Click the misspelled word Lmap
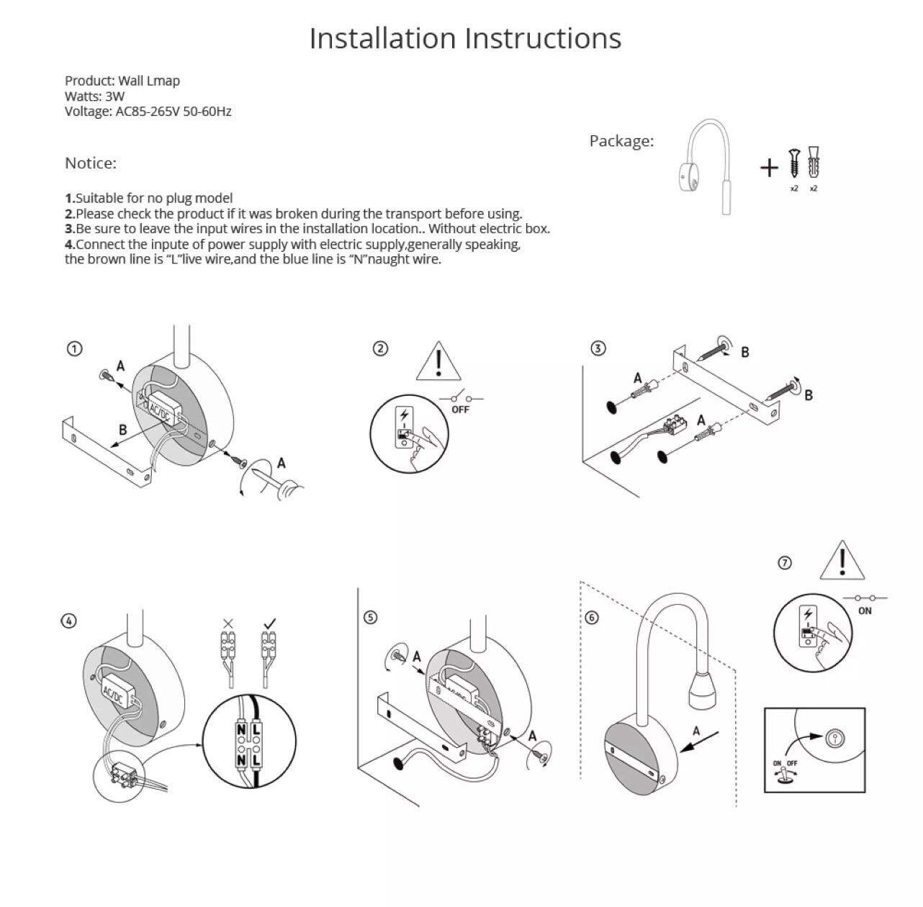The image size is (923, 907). (x=165, y=81)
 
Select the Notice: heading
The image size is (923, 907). (x=91, y=163)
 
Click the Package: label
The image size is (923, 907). (x=621, y=141)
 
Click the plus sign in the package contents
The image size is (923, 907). (x=769, y=168)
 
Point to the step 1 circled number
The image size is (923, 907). (x=74, y=349)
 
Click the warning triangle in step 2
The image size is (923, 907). (x=438, y=362)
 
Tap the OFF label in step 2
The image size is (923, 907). (x=460, y=410)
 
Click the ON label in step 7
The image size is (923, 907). (x=865, y=610)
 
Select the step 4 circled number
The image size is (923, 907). (x=68, y=621)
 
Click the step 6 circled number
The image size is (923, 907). (x=591, y=618)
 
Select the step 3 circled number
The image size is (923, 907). (x=598, y=348)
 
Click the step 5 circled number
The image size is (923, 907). (x=370, y=618)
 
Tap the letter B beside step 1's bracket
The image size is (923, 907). (x=122, y=430)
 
